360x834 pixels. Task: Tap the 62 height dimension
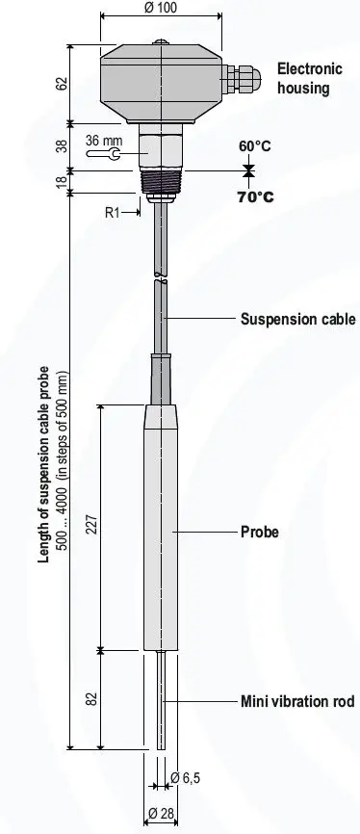(x=64, y=84)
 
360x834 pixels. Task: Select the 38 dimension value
(x=64, y=147)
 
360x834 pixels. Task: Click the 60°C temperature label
(x=255, y=145)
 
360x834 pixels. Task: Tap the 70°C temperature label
(x=255, y=197)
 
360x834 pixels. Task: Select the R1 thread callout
(x=113, y=213)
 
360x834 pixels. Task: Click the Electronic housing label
(x=308, y=79)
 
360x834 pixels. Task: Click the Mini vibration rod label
(x=296, y=701)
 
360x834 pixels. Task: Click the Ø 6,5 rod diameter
(x=186, y=778)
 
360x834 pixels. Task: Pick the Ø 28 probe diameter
(x=160, y=814)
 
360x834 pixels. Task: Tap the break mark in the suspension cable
(x=160, y=280)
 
